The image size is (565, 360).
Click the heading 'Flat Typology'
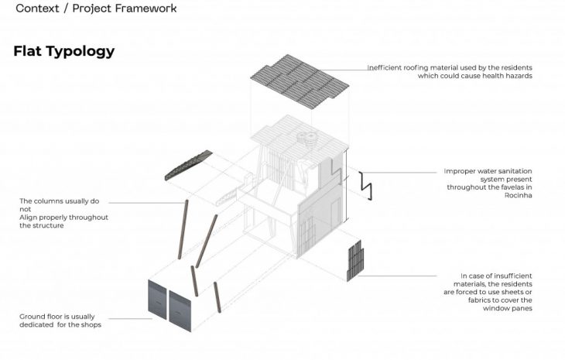point(63,51)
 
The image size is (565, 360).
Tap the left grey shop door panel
point(159,303)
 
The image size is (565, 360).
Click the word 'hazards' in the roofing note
point(519,76)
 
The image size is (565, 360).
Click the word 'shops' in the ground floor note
point(90,324)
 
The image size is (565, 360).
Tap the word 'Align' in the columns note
point(29,218)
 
